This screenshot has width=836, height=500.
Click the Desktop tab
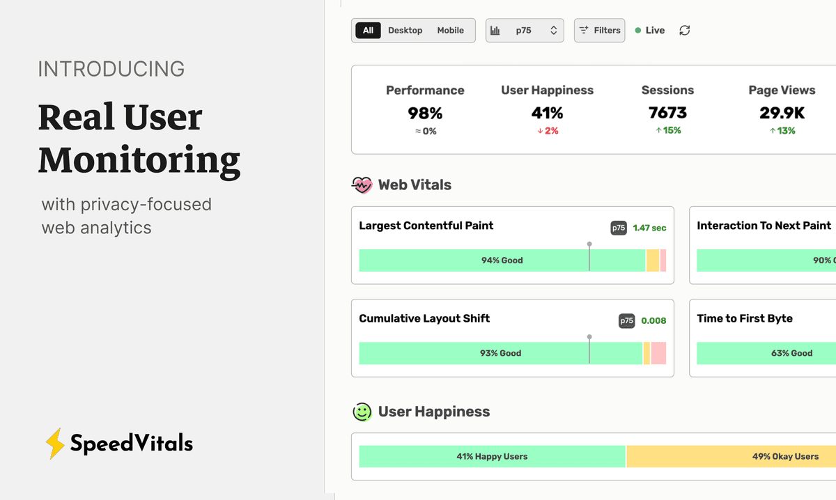405,31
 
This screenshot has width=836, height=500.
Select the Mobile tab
450,31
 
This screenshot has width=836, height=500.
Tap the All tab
368,31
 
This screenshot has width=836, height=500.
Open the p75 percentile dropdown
524,31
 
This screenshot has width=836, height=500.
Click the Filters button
599,31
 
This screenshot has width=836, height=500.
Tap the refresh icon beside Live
685,31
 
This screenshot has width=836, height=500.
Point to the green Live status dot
638,31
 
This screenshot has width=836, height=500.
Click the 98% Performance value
425,113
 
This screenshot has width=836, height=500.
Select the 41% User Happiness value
547,113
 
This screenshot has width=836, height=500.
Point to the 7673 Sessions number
667,113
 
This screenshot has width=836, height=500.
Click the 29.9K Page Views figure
782,113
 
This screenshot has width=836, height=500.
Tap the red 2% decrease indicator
548,131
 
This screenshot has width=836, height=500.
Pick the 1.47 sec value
649,228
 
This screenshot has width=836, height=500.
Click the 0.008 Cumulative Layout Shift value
653,321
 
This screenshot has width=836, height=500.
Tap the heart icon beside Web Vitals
362,185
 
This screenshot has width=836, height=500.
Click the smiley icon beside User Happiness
362,412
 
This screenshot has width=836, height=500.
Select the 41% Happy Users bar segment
492,457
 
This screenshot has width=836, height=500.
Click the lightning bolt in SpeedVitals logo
54,444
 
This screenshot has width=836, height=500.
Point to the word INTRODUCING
111,70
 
